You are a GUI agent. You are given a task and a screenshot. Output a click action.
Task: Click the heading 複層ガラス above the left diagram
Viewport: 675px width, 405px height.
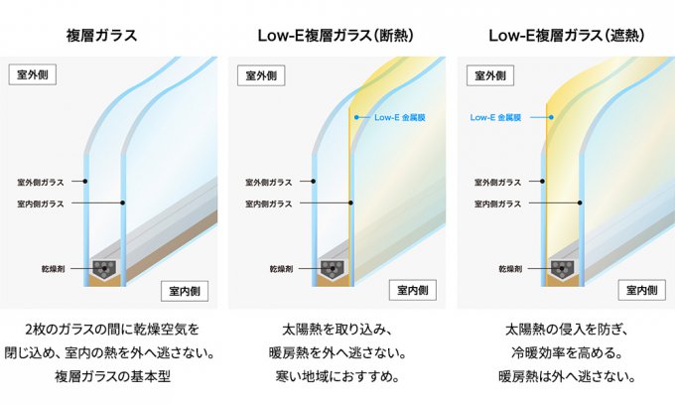101,36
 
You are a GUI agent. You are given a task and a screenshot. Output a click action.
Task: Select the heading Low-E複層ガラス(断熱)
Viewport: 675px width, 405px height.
336,36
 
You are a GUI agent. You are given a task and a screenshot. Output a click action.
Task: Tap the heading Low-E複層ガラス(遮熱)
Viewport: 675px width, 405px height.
567,36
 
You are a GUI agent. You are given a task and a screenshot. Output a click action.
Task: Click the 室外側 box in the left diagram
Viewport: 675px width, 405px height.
33,74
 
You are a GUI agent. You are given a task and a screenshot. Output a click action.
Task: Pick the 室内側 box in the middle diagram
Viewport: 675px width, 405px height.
412,290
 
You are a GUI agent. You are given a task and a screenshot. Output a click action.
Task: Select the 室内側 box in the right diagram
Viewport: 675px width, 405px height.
642,290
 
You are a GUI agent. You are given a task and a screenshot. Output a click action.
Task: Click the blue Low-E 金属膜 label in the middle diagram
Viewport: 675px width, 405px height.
400,117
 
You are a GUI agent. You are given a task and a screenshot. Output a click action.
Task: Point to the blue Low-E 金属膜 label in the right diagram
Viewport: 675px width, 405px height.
495,117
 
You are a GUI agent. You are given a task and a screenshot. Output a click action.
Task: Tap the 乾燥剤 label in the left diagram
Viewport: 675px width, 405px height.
53,269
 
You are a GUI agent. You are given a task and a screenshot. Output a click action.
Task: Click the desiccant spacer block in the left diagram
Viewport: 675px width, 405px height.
104,269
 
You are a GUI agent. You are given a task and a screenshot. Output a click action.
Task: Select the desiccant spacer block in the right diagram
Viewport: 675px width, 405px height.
562,269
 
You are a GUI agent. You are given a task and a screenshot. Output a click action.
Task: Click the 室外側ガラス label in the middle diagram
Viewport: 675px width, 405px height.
269,183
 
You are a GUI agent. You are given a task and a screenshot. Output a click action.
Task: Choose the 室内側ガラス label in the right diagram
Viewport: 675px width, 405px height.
497,204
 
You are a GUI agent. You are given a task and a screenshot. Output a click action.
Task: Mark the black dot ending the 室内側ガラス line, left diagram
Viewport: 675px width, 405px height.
123,202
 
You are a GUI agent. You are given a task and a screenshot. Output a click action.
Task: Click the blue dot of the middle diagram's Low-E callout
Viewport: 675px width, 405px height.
356,117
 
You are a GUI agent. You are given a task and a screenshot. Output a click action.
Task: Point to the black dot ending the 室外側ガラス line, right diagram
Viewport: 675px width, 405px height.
542,182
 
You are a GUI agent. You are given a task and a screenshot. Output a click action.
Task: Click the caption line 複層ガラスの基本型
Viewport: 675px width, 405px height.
113,376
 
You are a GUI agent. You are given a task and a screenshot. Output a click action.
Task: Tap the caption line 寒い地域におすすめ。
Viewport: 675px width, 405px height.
337,376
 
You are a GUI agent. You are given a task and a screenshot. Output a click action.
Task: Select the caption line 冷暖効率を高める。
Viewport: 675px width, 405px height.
567,353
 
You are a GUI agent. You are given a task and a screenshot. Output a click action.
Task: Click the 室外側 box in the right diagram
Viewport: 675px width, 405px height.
490,75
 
